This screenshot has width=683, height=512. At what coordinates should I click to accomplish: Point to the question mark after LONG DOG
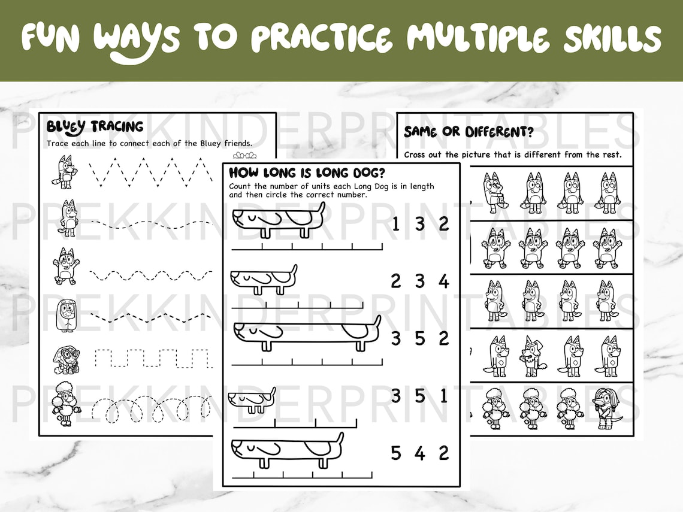click(381, 173)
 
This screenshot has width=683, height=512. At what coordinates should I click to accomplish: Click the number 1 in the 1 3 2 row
click(395, 224)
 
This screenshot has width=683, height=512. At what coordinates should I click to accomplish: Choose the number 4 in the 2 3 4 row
click(443, 281)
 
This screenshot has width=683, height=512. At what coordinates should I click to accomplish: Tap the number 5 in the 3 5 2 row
click(419, 338)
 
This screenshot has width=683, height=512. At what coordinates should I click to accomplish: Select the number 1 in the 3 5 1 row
click(443, 396)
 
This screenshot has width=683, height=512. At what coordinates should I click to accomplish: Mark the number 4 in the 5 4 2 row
click(419, 453)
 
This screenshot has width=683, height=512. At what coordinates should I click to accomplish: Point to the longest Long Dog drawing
click(306, 333)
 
